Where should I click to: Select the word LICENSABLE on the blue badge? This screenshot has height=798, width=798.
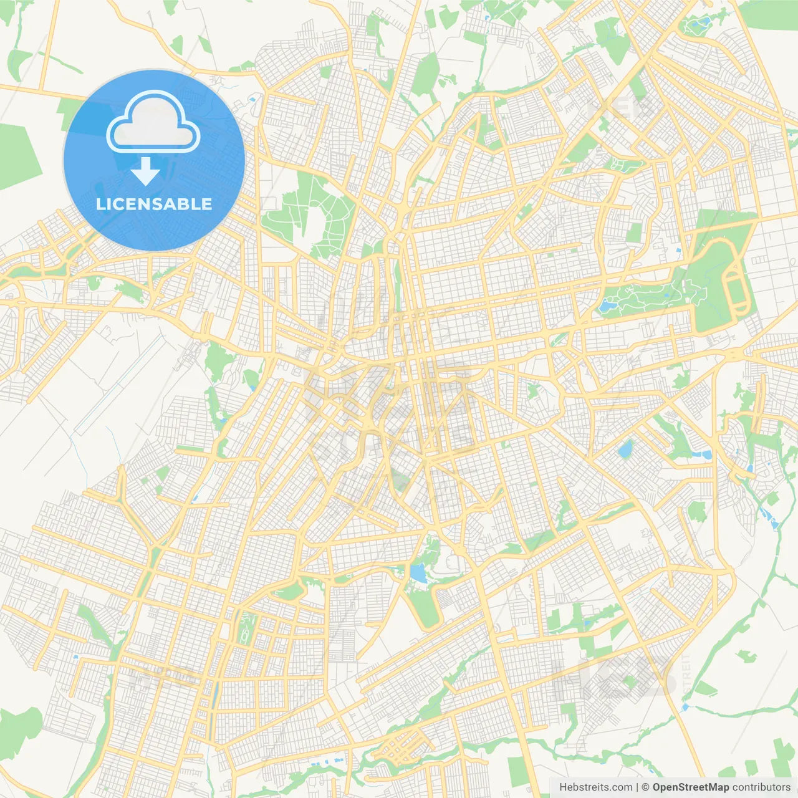[154, 204]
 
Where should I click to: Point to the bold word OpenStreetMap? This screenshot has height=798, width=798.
[691, 787]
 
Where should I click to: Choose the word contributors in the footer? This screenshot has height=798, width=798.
[761, 787]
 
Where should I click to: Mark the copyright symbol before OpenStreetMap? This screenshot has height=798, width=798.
[645, 787]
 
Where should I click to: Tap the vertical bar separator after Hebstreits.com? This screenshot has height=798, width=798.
[638, 787]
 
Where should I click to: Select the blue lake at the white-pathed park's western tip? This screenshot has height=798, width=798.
[605, 306]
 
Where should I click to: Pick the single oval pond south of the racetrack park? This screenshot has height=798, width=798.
[625, 449]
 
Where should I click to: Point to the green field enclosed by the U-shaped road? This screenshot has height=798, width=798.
[424, 605]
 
